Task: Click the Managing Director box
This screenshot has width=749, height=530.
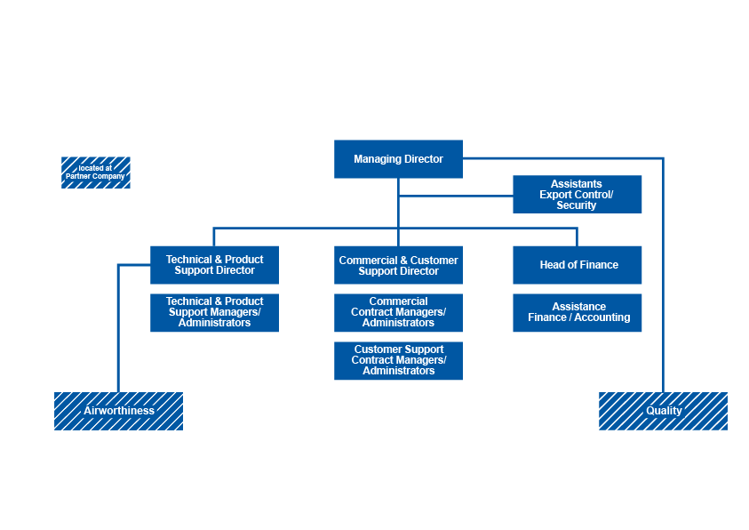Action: click(398, 159)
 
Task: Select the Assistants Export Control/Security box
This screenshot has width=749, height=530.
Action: click(577, 195)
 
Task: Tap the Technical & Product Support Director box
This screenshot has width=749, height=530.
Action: click(214, 265)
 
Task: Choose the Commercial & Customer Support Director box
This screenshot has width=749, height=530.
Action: click(398, 265)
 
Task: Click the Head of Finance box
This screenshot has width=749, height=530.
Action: click(577, 265)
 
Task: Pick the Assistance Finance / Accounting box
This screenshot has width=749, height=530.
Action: click(577, 312)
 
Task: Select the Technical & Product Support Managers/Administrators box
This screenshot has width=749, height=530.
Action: click(214, 312)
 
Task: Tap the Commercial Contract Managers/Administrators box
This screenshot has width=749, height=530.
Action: click(398, 312)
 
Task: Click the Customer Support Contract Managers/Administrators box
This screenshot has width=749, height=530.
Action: click(398, 360)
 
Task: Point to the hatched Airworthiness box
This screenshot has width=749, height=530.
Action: click(118, 411)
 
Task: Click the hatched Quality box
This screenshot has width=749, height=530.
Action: click(663, 411)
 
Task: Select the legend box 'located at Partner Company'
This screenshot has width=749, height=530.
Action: click(95, 173)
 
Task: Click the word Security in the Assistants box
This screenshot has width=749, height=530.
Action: click(577, 205)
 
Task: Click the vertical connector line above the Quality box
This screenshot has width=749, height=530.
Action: click(663, 285)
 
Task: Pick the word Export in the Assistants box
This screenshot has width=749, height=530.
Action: click(556, 195)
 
